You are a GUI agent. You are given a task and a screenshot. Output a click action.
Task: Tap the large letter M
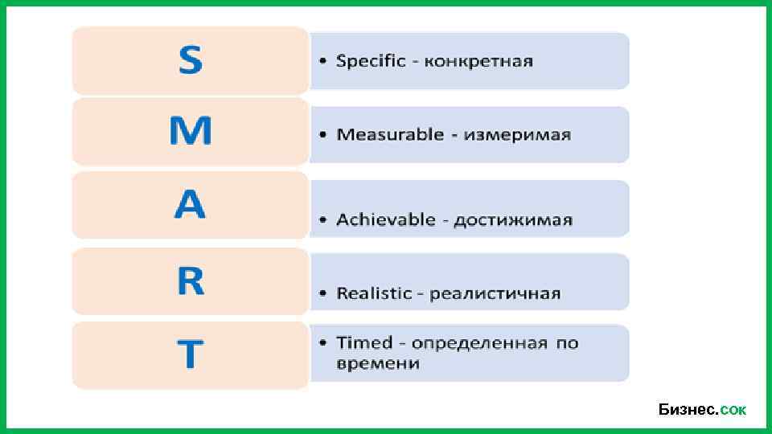pyautogui.click(x=191, y=131)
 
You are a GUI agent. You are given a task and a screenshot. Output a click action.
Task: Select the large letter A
pyautogui.click(x=191, y=206)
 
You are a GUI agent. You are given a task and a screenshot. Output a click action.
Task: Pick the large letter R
pyautogui.click(x=191, y=280)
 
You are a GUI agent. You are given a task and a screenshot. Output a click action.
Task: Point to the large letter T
pyautogui.click(x=191, y=354)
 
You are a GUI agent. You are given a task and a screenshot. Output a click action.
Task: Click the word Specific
pyautogui.click(x=371, y=61)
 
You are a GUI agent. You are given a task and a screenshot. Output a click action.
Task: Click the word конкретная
pyautogui.click(x=478, y=61)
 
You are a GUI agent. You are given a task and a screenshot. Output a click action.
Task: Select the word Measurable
pyautogui.click(x=390, y=134)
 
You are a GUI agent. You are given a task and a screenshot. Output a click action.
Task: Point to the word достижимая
pyautogui.click(x=513, y=220)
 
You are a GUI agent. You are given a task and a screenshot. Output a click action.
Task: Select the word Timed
pyautogui.click(x=364, y=343)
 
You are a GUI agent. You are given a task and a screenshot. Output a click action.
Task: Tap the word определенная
pyautogui.click(x=479, y=343)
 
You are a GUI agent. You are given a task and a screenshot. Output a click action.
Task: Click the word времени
pyautogui.click(x=378, y=363)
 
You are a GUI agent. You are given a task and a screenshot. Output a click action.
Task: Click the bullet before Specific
pyautogui.click(x=322, y=61)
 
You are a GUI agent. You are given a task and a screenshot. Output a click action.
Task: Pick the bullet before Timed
pyautogui.click(x=322, y=343)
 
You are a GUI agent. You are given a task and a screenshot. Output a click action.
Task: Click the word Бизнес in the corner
pyautogui.click(x=687, y=410)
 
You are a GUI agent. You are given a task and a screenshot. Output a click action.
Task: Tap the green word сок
pyautogui.click(x=733, y=411)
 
